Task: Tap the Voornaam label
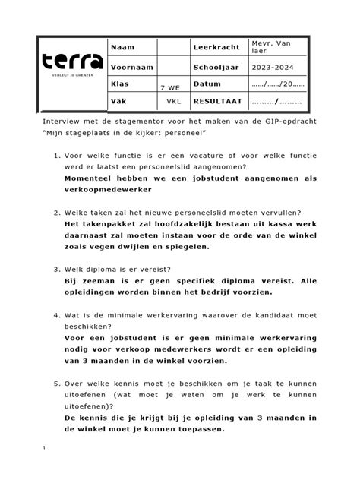[132, 67]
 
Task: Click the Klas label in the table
[121, 84]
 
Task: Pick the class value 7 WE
[170, 89]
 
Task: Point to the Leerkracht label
[216, 47]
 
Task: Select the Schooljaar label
[217, 67]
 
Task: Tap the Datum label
[207, 84]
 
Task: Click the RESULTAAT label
[218, 100]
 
